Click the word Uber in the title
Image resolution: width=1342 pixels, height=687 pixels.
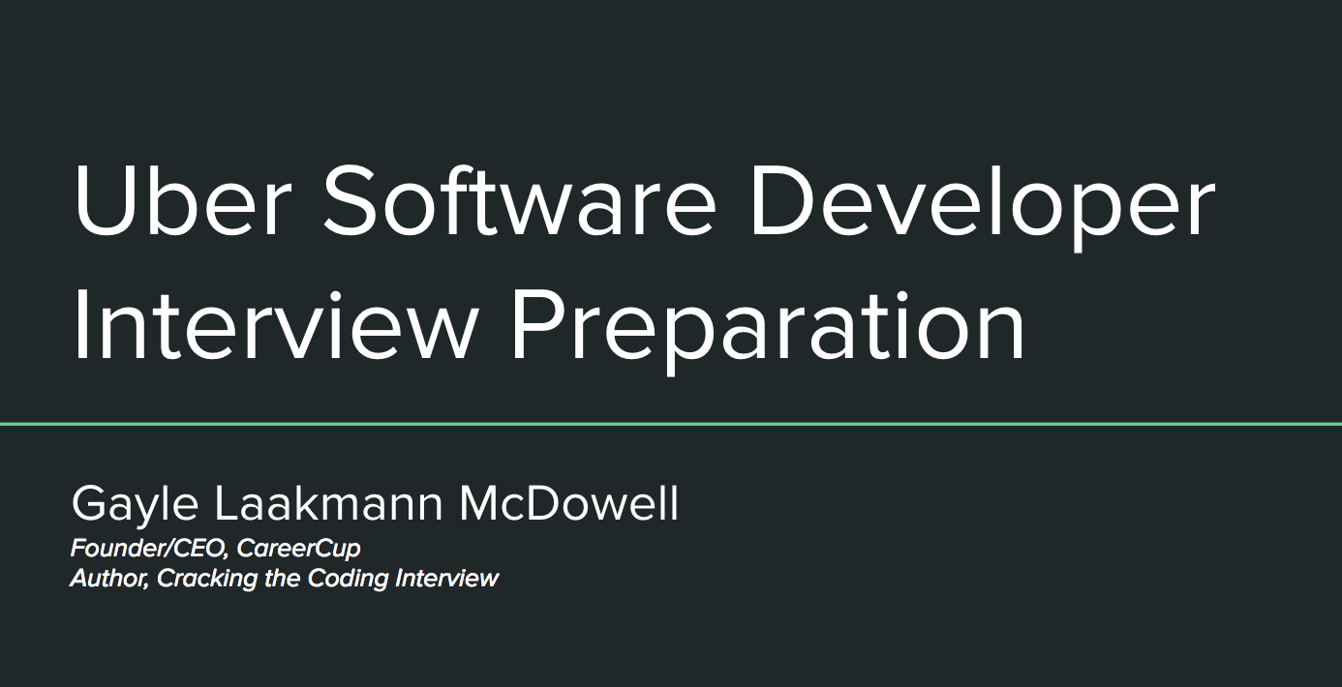[x=183, y=199]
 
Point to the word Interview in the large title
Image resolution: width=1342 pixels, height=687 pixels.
[x=274, y=324]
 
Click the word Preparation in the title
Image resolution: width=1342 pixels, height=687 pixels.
[x=768, y=331]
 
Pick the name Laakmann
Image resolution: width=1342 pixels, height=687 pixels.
[x=328, y=503]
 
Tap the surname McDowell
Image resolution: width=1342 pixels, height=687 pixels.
[x=568, y=503]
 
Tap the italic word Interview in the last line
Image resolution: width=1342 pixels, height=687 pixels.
[x=447, y=578]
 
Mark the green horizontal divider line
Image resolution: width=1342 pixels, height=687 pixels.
[x=671, y=424]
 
